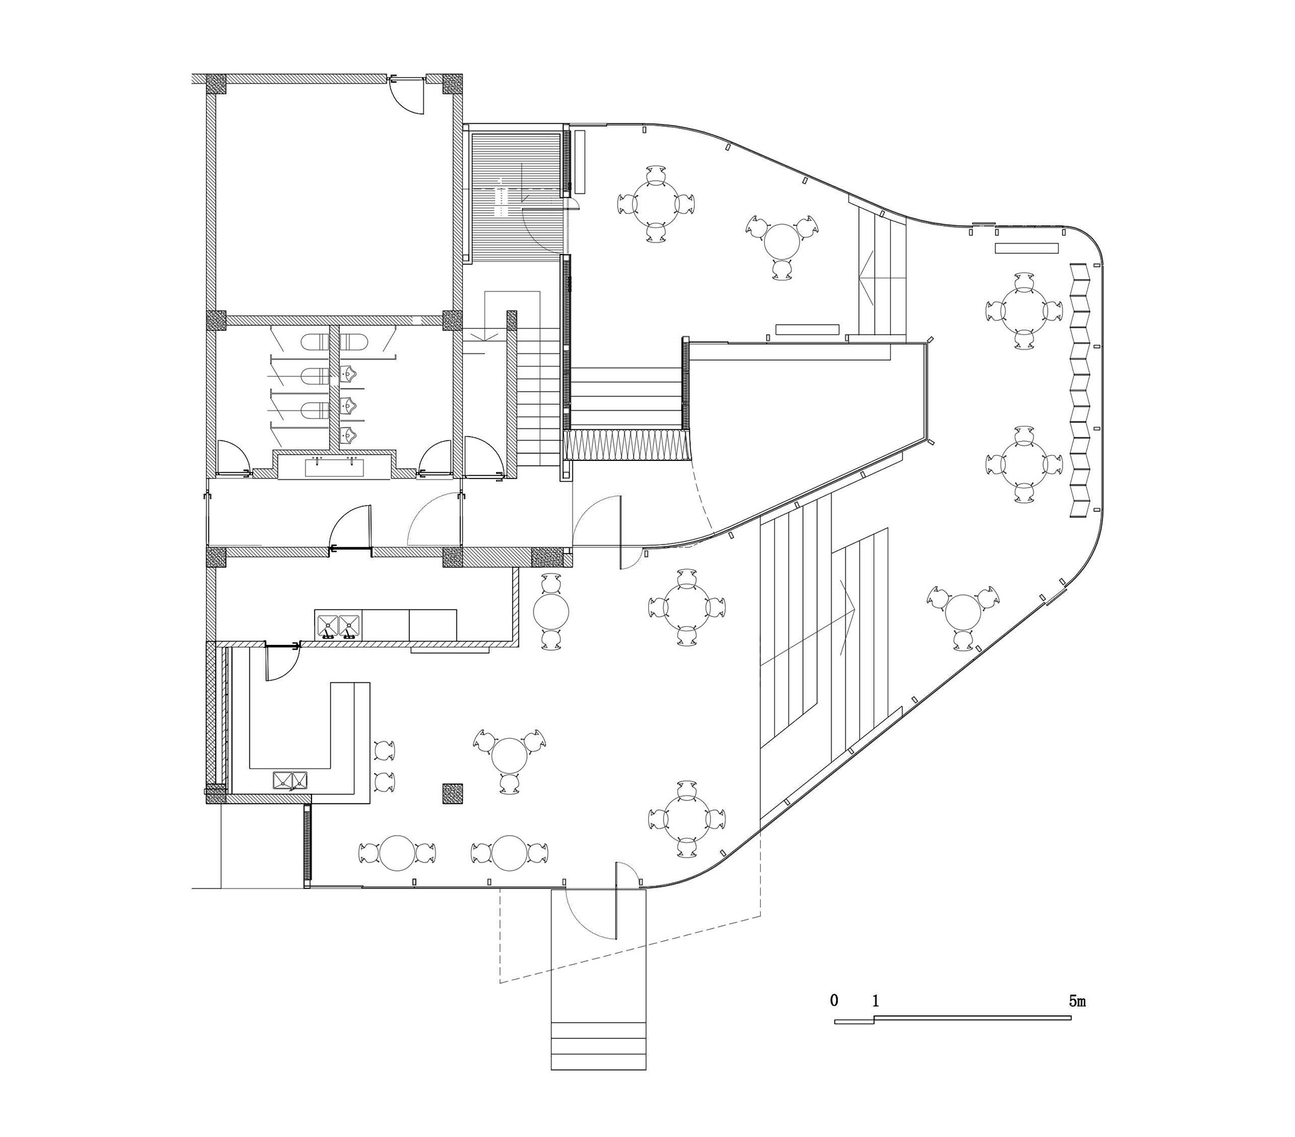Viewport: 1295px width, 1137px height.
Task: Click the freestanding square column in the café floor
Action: [x=453, y=794]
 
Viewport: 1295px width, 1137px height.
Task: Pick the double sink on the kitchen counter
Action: [x=337, y=625]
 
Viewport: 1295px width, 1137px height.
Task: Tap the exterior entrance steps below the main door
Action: [x=598, y=1046]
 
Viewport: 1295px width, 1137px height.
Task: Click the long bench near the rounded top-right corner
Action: [x=1026, y=248]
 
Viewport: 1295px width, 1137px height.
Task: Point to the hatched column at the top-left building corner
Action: [x=216, y=84]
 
